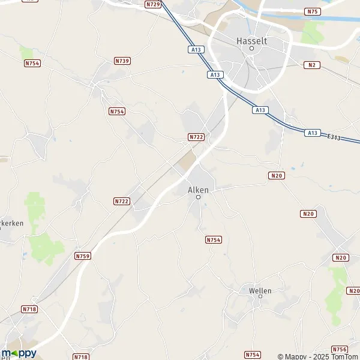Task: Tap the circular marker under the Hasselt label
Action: pos(252,48)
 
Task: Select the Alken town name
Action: pos(198,190)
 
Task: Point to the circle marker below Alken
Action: pos(198,197)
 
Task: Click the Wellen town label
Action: pos(260,290)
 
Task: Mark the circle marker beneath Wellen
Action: pos(260,297)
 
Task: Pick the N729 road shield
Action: pos(153,4)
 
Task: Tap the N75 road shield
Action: pos(312,11)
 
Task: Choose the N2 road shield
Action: pos(311,64)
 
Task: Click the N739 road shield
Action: pos(122,61)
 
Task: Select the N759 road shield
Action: pos(83,256)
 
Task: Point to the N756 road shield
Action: pos(339,349)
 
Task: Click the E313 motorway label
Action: pos(334,138)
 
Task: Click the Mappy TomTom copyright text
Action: pos(317,356)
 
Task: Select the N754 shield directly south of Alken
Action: pos(214,239)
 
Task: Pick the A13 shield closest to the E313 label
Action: pos(311,133)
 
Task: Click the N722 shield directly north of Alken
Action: pos(196,137)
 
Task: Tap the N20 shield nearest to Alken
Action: pos(276,175)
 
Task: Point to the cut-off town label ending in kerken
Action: pos(11,223)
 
